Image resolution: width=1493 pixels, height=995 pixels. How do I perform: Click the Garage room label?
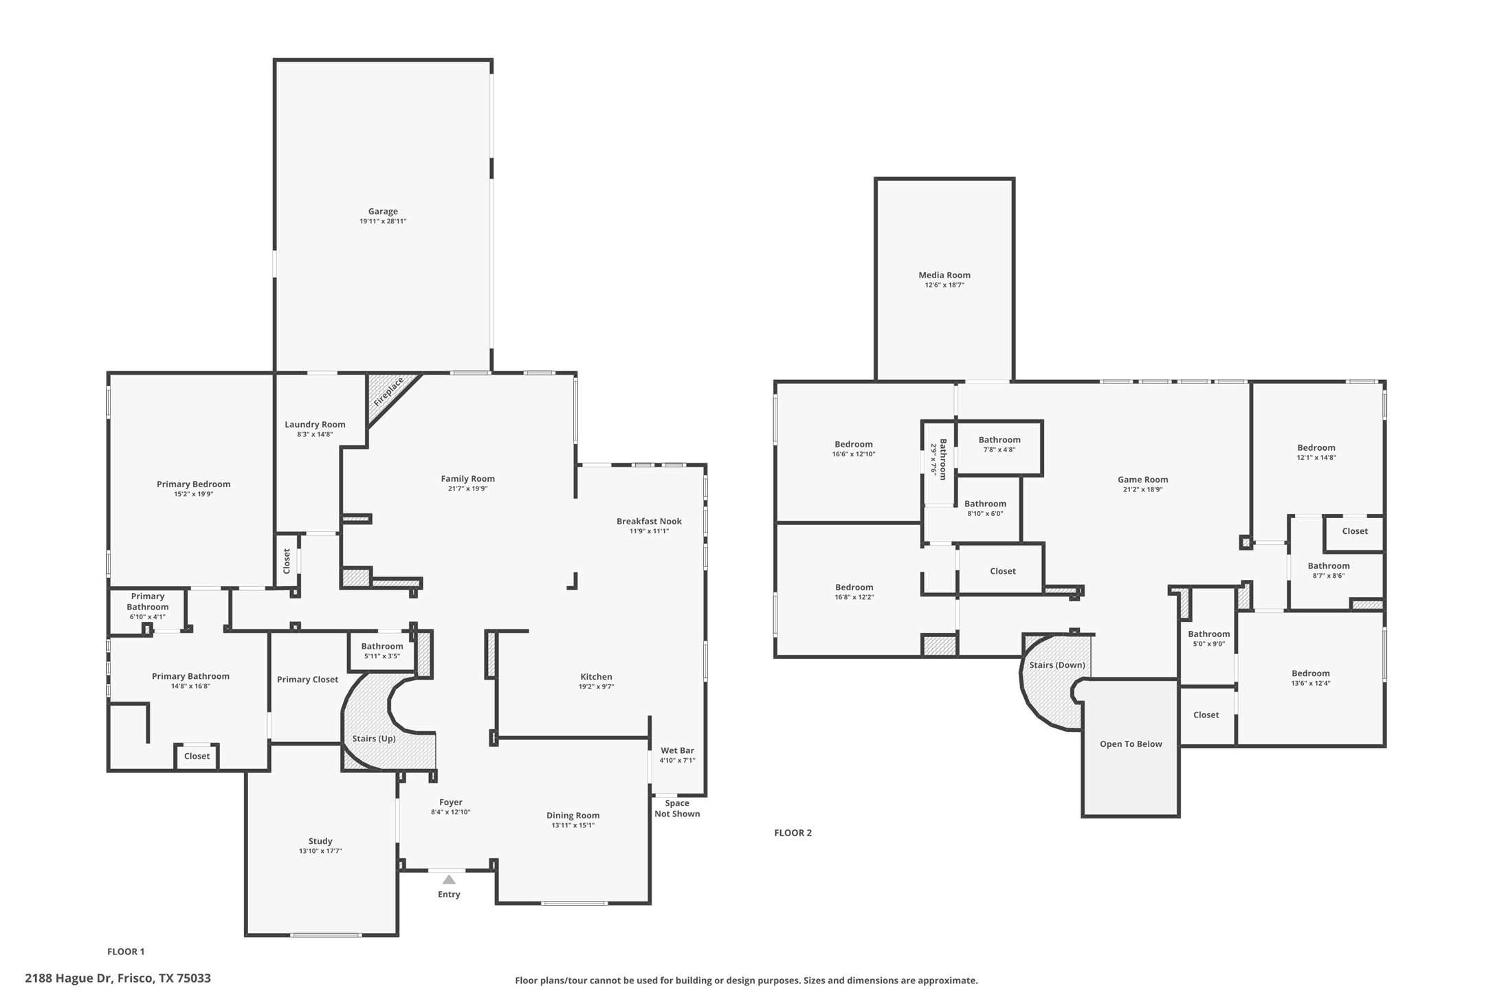(x=383, y=212)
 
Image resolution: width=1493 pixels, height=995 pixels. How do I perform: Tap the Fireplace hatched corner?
(x=387, y=393)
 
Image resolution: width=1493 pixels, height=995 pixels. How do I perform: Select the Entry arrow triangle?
(x=449, y=880)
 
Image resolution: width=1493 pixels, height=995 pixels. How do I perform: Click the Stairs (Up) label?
(x=374, y=739)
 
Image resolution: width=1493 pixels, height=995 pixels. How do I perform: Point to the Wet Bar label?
(x=677, y=750)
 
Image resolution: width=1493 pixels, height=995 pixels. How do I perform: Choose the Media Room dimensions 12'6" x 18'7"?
(x=944, y=285)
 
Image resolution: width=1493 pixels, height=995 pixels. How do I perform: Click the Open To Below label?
(x=1131, y=744)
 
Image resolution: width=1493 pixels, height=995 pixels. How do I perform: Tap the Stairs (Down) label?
(x=1057, y=665)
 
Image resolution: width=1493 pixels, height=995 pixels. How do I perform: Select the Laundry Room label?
(x=315, y=425)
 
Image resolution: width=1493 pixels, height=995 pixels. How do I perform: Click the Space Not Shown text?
(x=677, y=809)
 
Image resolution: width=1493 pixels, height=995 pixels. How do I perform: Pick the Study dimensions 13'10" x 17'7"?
(x=320, y=851)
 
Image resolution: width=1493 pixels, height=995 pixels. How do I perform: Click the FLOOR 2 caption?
(x=793, y=833)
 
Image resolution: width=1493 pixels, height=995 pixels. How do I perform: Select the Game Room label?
(x=1142, y=480)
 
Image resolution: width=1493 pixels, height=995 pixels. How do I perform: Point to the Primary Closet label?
(x=307, y=680)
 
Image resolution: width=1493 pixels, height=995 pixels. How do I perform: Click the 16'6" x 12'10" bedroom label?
(x=854, y=445)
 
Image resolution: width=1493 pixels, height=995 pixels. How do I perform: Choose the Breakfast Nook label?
(x=649, y=522)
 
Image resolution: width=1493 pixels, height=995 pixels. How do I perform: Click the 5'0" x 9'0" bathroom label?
(x=1208, y=634)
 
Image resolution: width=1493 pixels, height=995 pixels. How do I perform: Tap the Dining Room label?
(x=573, y=816)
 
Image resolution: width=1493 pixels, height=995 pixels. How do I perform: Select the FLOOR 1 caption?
(x=126, y=952)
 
